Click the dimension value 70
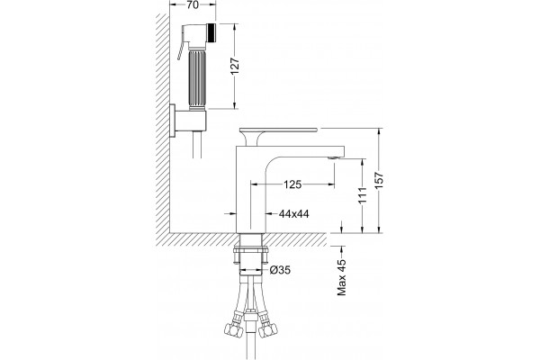tap(193, 5)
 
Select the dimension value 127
tap(234, 66)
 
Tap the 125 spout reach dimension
tap(292, 184)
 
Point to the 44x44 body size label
tap(293, 214)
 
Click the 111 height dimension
tap(363, 196)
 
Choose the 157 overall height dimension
tap(379, 180)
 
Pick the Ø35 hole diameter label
tap(280, 270)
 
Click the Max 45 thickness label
tap(342, 277)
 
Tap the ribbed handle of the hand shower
tap(196, 78)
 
